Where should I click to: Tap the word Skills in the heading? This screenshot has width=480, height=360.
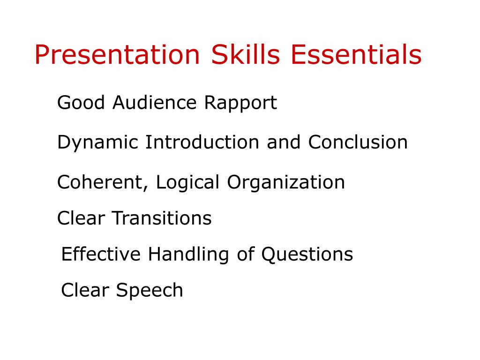tap(245, 55)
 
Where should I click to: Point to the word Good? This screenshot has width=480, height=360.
tap(81, 102)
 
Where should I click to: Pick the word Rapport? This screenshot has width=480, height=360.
tap(240, 103)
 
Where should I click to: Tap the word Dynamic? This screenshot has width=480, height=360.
tap(98, 142)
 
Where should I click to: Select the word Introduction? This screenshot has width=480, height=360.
tap(202, 142)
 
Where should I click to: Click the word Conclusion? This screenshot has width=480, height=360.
tap(358, 142)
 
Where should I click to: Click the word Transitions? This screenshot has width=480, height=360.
tap(161, 218)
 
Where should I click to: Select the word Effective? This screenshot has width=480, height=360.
tap(101, 254)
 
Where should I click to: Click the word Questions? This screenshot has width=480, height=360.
tap(307, 254)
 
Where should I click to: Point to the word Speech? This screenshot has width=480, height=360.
tap(150, 291)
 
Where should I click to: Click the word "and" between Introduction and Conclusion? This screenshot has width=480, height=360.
tap(284, 142)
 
